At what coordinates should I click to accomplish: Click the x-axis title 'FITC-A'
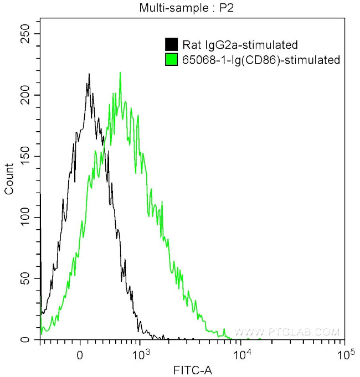tap(193, 369)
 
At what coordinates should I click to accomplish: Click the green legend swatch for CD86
tap(172, 60)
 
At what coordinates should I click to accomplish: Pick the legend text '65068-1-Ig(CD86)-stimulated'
tap(260, 60)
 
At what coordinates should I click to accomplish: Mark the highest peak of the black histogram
tap(89, 74)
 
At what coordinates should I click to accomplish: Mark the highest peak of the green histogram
tap(120, 73)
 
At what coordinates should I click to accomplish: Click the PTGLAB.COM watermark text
tap(286, 332)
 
